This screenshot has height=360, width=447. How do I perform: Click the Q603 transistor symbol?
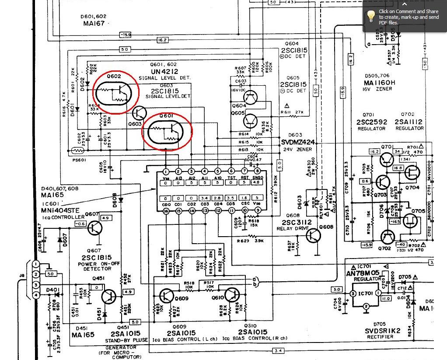(x=140, y=113)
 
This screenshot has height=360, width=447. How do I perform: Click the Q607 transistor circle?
(x=94, y=227)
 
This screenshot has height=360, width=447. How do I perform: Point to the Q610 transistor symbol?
(x=232, y=296)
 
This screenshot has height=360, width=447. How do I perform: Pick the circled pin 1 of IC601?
(x=166, y=171)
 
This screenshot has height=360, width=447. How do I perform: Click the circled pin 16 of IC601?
(x=166, y=211)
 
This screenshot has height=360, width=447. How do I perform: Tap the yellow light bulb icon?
(x=371, y=17)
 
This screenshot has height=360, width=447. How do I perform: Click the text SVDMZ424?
(x=298, y=143)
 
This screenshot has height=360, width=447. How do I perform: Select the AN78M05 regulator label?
(x=363, y=273)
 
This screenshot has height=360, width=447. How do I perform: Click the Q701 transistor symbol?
(x=387, y=160)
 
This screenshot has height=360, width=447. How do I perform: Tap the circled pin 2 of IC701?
(x=367, y=307)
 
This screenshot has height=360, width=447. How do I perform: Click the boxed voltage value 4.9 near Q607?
(x=105, y=218)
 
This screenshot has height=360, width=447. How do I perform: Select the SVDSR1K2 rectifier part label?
(x=383, y=331)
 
